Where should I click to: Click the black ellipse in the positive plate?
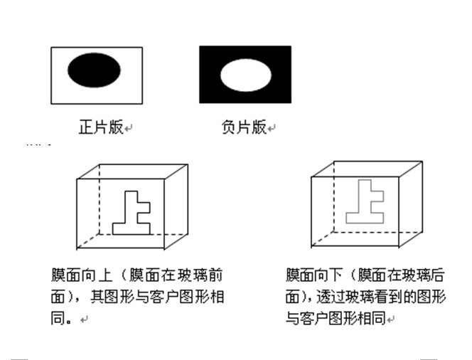(95, 70)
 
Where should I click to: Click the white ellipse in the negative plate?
(245, 74)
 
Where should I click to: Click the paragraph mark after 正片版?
(129, 129)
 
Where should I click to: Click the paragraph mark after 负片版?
(272, 129)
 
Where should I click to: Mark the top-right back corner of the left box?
(188, 165)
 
